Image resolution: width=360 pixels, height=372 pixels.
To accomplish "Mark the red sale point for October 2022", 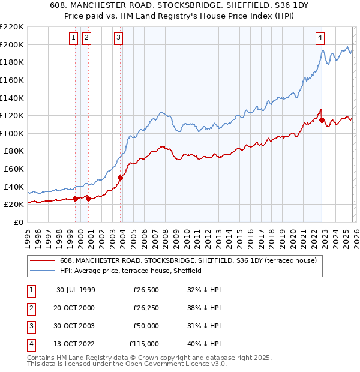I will pos(322,120).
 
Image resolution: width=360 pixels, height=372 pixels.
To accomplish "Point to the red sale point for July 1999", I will pos(76,199).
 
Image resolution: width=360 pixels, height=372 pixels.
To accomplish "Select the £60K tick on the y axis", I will pos(14,169).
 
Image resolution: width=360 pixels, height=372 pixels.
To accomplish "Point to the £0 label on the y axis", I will pos(18,223).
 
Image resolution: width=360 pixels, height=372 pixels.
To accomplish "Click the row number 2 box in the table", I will pos(30,308).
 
